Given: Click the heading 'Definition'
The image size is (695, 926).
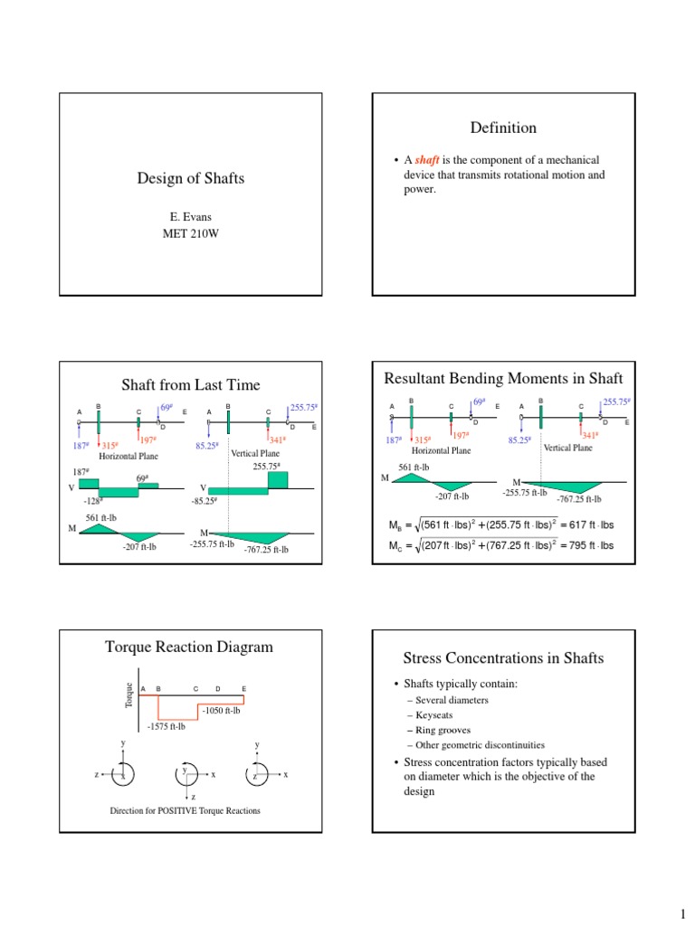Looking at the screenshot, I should [x=504, y=128].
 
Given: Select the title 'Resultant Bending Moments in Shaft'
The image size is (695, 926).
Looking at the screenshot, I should [x=504, y=377].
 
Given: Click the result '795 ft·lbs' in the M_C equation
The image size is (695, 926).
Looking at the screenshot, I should [x=587, y=545].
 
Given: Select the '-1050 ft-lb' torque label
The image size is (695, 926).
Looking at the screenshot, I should [x=221, y=711].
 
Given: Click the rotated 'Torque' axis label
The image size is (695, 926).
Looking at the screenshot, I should [x=129, y=695].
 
